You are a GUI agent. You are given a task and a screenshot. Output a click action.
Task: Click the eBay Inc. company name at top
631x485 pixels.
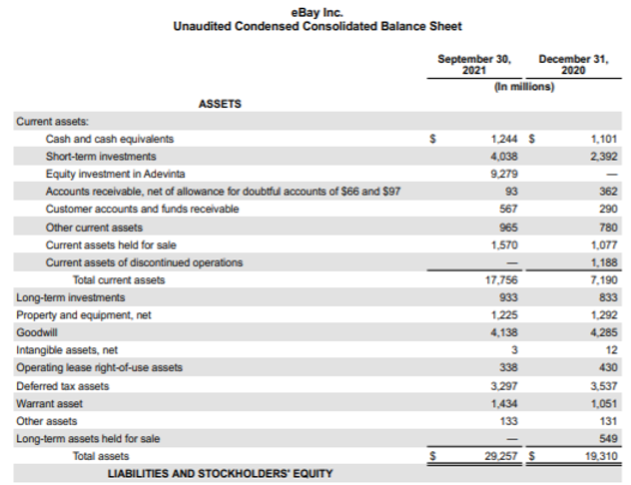316,11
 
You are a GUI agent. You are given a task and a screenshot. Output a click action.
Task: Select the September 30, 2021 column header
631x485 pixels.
474,65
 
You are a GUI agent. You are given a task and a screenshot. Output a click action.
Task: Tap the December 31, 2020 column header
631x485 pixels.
574,65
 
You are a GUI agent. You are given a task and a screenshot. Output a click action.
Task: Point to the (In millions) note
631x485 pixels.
524,86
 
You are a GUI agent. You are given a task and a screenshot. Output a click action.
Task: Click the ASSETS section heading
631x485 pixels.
220,103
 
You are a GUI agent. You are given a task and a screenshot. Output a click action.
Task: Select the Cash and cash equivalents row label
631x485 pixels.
110,139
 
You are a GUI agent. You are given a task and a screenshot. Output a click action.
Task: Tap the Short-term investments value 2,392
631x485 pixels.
604,157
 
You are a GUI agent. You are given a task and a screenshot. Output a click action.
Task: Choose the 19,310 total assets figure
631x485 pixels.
601,456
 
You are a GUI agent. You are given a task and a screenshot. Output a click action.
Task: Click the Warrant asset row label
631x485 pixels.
49,403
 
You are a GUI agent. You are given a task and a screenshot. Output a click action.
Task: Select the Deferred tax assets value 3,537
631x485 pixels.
604,385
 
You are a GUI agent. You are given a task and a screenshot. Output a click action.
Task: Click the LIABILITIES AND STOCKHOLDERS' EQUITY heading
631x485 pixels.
220,473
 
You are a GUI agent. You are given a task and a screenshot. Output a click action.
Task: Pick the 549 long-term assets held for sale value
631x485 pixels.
608,438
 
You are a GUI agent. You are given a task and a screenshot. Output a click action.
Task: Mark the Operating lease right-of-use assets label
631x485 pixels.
100,367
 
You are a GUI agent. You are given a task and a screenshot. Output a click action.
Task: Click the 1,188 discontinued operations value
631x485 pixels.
604,262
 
